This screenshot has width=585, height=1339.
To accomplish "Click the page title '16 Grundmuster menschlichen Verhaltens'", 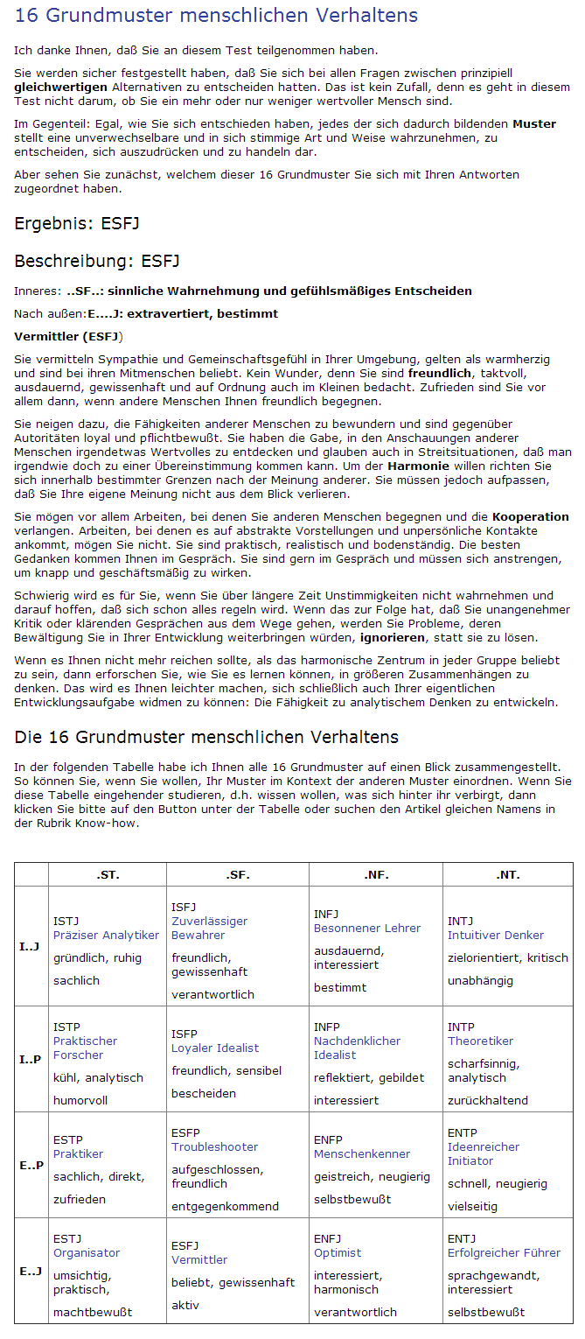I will [216, 16].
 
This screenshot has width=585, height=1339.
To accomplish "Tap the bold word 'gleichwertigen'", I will [61, 88].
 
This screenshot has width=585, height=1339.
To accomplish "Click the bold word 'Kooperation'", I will [530, 517].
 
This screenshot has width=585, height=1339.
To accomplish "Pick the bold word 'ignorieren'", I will [393, 638].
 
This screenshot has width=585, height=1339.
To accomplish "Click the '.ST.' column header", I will [107, 874].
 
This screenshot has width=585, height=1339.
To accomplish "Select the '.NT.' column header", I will [507, 874].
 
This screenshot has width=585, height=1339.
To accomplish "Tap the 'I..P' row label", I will [31, 1060].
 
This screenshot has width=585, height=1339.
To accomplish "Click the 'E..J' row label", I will [31, 1271].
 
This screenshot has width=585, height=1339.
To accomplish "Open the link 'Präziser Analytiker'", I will [106, 935].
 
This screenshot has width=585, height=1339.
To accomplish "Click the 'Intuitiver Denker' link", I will [496, 935].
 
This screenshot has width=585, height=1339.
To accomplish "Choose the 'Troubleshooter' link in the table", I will [215, 1146].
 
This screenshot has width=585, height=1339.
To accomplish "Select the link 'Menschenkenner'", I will [362, 1153].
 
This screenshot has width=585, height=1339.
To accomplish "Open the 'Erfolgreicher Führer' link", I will [505, 1252].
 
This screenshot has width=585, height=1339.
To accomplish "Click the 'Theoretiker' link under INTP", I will [481, 1041].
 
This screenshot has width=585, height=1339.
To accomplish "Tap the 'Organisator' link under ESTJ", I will [87, 1252].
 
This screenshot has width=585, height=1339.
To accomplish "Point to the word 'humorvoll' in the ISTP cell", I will [80, 1100].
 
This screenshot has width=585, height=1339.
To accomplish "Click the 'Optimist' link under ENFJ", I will [338, 1252].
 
